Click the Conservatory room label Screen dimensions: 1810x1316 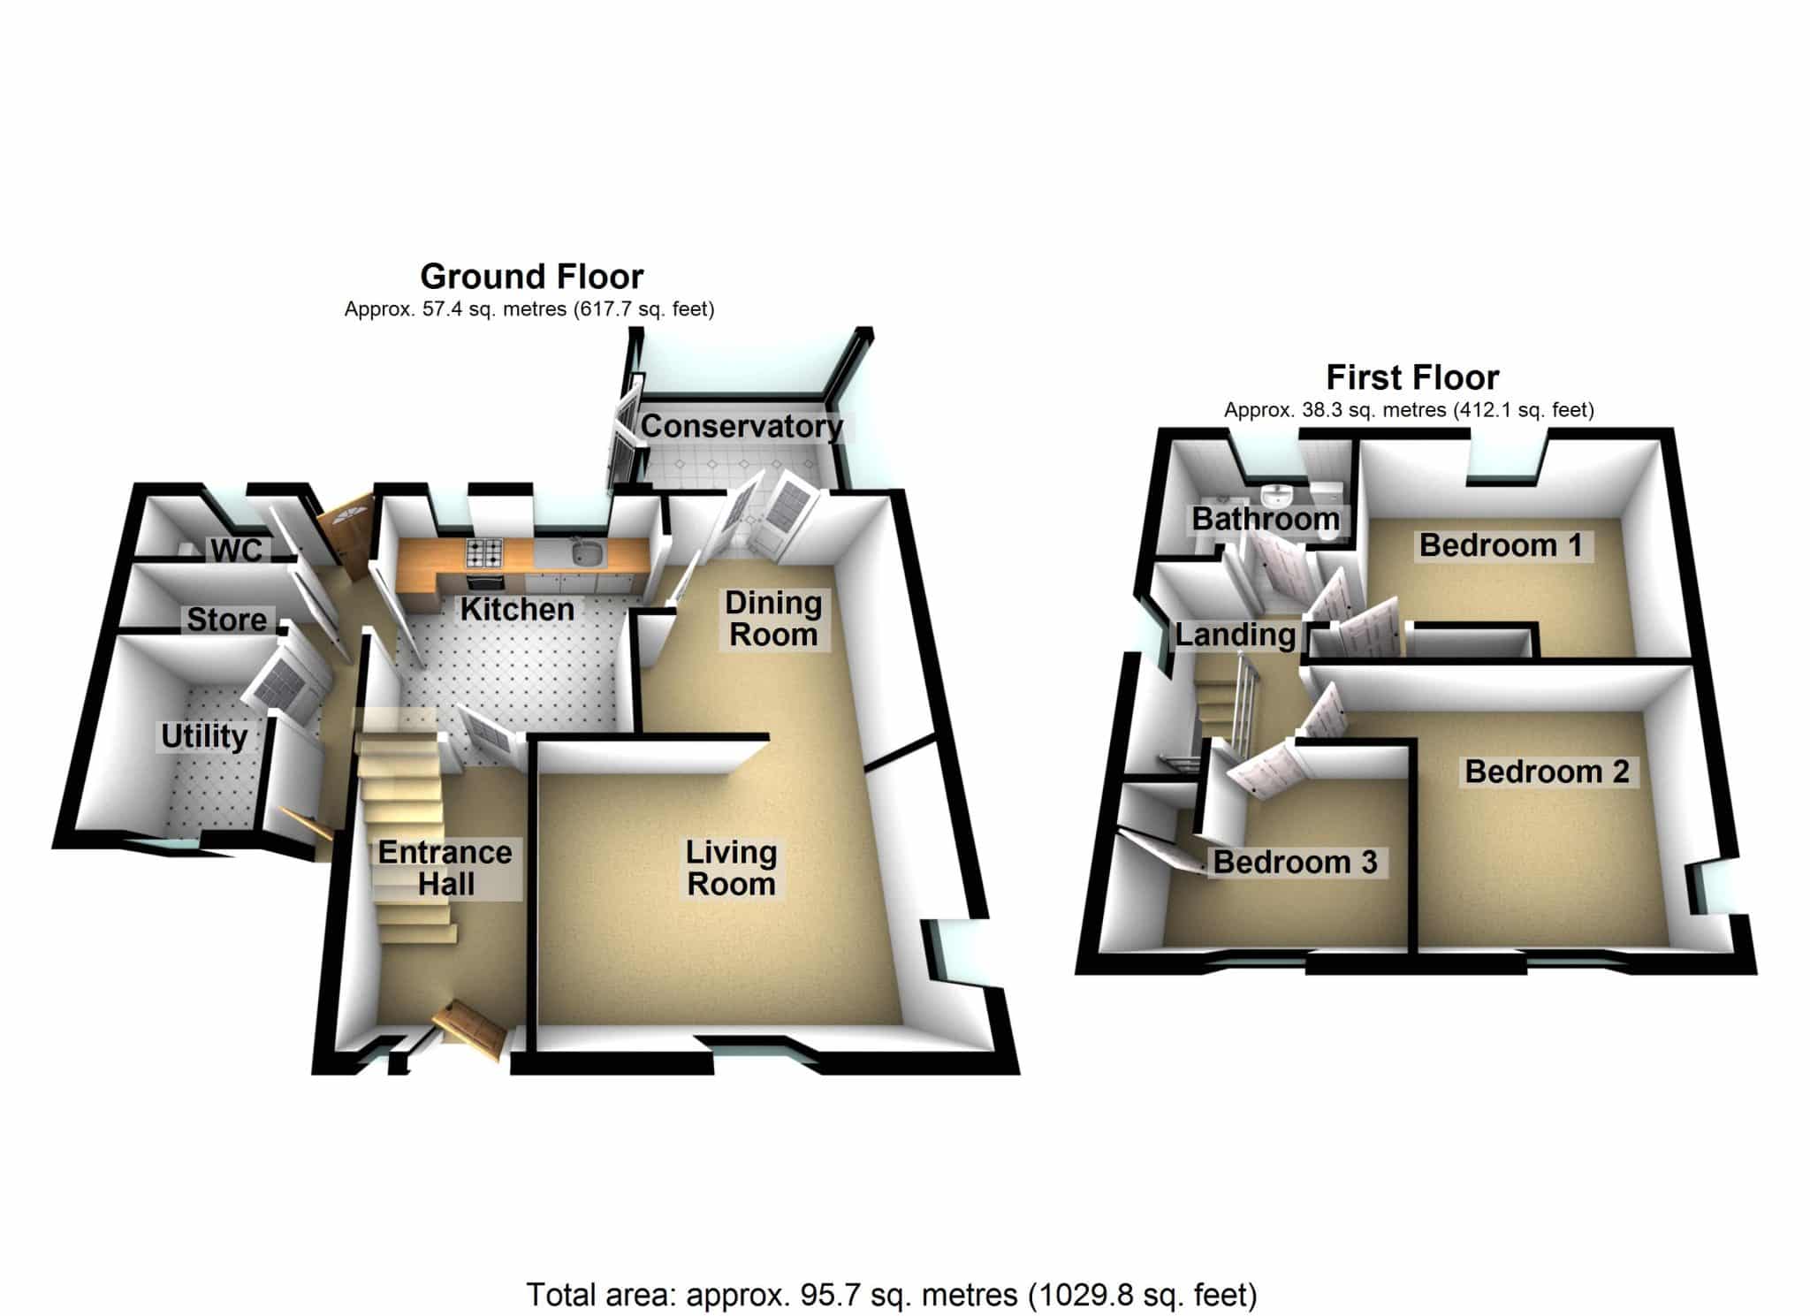point(741,426)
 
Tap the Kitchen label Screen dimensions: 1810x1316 point(517,609)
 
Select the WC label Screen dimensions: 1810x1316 point(237,550)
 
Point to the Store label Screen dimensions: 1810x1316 point(226,620)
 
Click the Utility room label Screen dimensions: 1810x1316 point(203,736)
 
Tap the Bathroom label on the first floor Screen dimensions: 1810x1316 point(1266,519)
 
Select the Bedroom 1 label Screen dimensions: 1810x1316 point(1500,545)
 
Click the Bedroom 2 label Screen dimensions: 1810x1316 point(1547,772)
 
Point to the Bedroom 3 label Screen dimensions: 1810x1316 point(1295,862)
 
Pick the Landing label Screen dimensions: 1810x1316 point(1235,635)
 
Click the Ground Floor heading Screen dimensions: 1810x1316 point(531,277)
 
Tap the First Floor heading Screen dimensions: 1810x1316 point(1412,377)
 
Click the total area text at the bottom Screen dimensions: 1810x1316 point(892,1295)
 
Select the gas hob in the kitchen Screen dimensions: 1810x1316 point(484,553)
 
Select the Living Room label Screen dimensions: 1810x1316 point(732,868)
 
